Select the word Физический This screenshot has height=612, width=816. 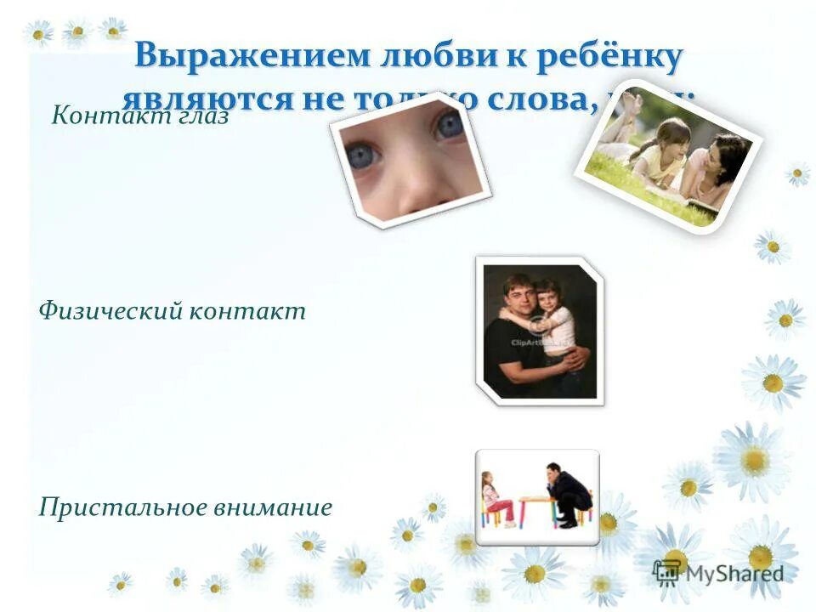pos(110,311)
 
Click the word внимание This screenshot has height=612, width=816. pos(279,508)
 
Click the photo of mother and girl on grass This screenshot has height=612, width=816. pos(668,158)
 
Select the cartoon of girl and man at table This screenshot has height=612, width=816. pos(537,496)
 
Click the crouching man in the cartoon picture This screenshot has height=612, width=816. pos(566,493)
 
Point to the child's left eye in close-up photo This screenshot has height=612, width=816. pos(450,125)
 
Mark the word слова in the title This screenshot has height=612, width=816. pos(534,99)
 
